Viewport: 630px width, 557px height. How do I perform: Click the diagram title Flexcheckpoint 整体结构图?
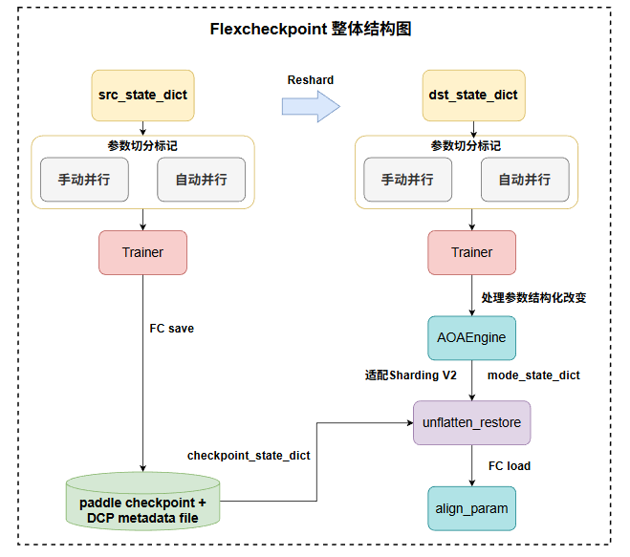tap(311, 29)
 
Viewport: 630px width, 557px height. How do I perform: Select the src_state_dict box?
tap(142, 95)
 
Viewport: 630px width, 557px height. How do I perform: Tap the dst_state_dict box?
tap(472, 95)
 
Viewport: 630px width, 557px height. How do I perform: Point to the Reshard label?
tap(311, 80)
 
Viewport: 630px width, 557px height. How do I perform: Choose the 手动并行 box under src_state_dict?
tap(84, 180)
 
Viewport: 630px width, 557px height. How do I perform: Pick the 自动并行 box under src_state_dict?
tap(201, 180)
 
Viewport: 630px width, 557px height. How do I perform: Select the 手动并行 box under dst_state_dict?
tap(407, 180)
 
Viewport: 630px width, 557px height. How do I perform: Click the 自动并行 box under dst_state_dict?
tap(524, 180)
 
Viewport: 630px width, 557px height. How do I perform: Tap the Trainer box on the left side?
tap(142, 252)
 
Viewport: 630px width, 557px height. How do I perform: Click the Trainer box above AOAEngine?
tap(472, 252)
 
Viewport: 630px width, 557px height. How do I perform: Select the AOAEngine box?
tap(472, 337)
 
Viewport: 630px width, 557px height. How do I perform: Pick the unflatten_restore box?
tap(472, 421)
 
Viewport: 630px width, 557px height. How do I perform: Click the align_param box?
tap(472, 507)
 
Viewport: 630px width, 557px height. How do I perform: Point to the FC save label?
tap(171, 329)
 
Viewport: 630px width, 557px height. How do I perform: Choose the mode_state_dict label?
tap(533, 375)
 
